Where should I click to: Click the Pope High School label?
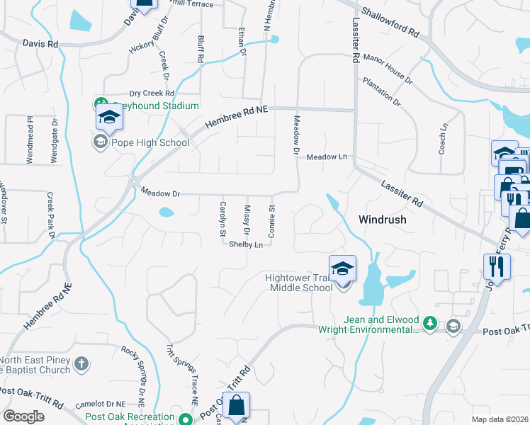(150, 142)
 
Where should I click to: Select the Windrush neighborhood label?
(383, 220)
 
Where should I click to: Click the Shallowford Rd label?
(390, 23)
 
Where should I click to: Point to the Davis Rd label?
(40, 43)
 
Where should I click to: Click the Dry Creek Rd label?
(152, 93)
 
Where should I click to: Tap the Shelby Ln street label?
(246, 244)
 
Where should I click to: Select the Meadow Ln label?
(327, 157)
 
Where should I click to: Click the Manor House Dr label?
(388, 67)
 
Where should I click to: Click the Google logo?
(24, 416)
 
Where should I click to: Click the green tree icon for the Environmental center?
(429, 324)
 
